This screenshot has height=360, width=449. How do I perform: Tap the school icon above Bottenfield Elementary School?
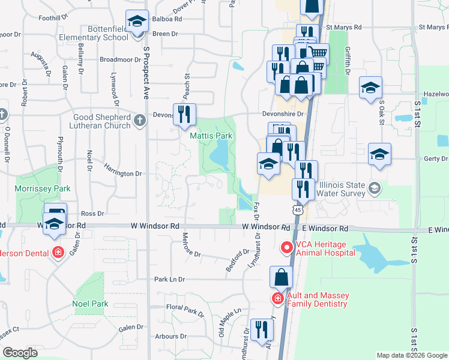(137, 22)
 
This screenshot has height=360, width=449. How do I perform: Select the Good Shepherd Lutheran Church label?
(101, 121)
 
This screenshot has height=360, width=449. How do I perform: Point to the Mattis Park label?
(211, 136)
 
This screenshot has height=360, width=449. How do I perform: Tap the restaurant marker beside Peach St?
(184, 114)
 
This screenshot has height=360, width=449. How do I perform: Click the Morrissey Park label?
(43, 188)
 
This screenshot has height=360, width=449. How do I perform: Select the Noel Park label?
(90, 304)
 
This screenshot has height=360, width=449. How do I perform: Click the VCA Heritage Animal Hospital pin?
(286, 247)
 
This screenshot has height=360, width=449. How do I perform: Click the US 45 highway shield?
(298, 210)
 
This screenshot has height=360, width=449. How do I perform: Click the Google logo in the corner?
(20, 353)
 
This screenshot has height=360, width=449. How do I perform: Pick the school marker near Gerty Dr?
(379, 154)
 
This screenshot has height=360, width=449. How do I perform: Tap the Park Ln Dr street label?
(170, 280)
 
